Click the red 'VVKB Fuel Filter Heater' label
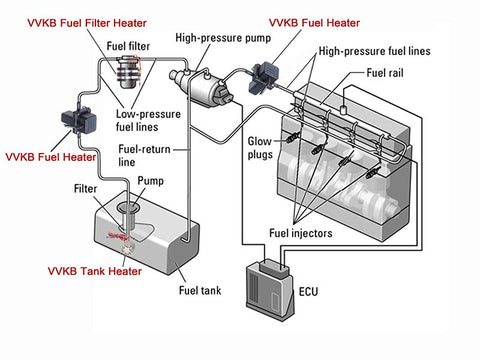pos(87,23)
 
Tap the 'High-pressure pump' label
pos(223,38)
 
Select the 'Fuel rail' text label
pos(385,73)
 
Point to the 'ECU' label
pos(308,292)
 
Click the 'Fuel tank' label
pos(200,290)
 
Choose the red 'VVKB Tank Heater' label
pos(95,271)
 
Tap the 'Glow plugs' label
pos(260,148)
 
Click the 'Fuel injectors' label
pos(301,233)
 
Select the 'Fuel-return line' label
pos(144,155)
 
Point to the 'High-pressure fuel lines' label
pos(375,51)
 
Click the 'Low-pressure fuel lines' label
pos(148,120)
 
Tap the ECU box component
pos(270,289)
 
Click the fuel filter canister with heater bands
pos(128,72)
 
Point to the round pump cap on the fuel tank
pos(129,208)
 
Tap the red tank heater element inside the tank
pos(118,236)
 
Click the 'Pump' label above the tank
pos(150,181)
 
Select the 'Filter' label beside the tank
pos(85,189)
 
